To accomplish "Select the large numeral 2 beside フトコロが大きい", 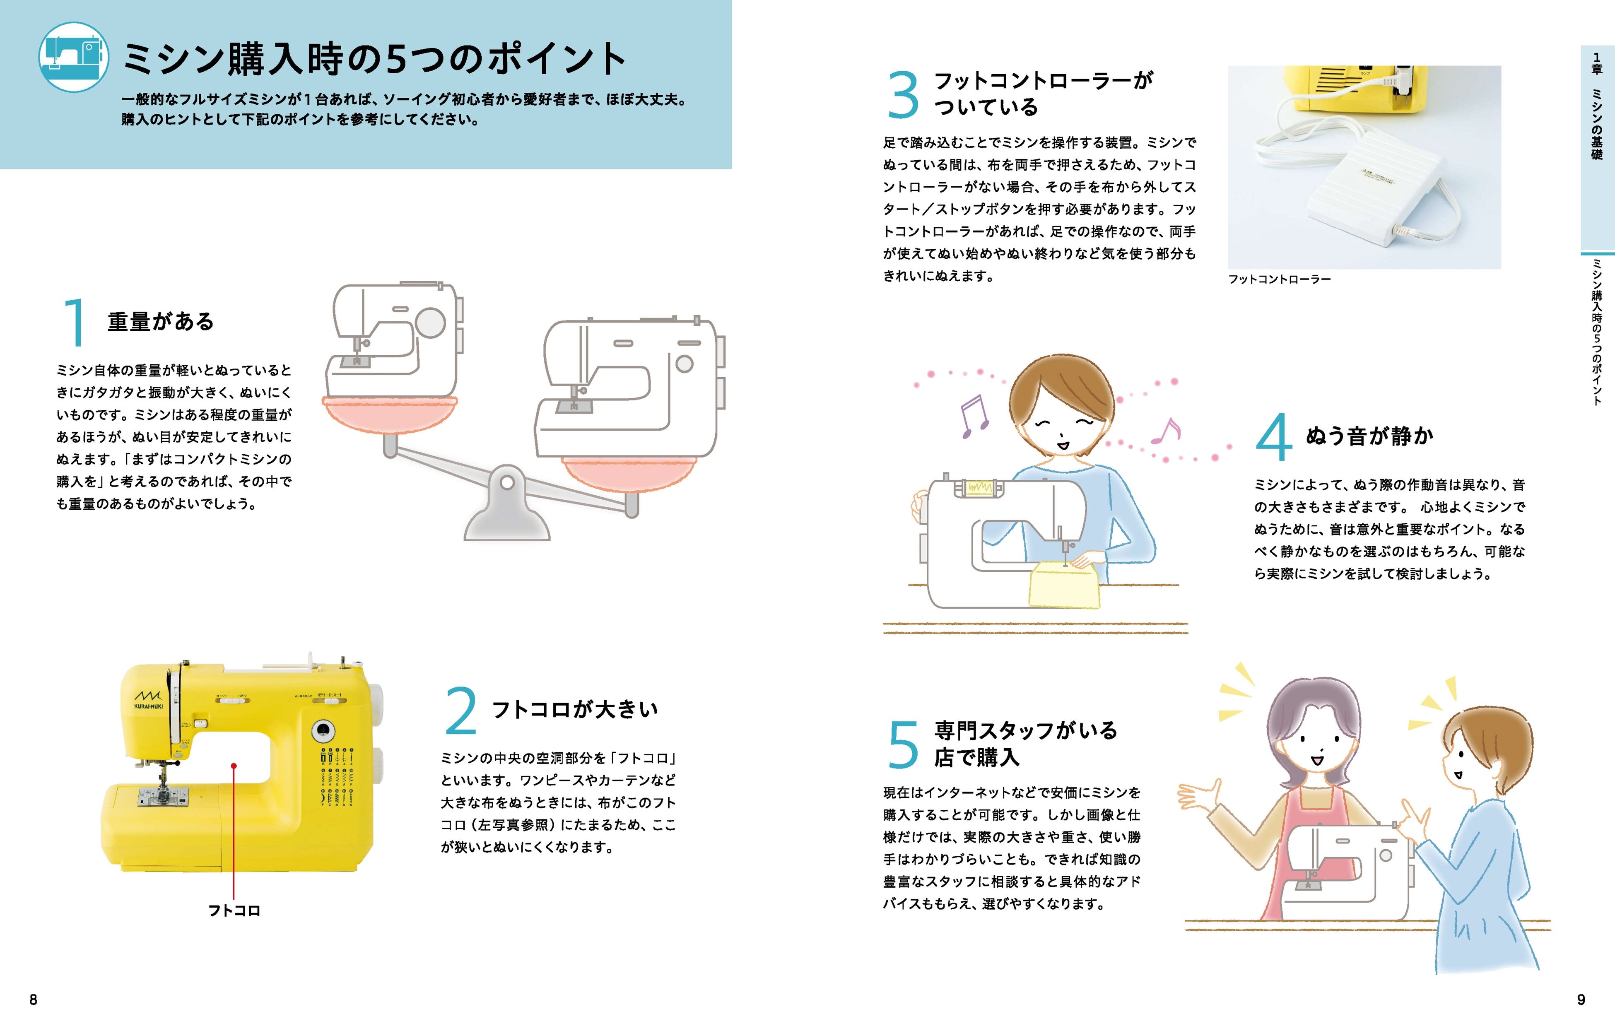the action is coord(461,711).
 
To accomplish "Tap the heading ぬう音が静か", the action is coord(1369,436).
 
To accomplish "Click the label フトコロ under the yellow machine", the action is coord(234,910).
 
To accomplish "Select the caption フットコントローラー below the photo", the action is coord(1279,279).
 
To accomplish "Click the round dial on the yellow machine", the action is coord(323,730).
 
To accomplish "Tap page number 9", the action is coord(1581,1000).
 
